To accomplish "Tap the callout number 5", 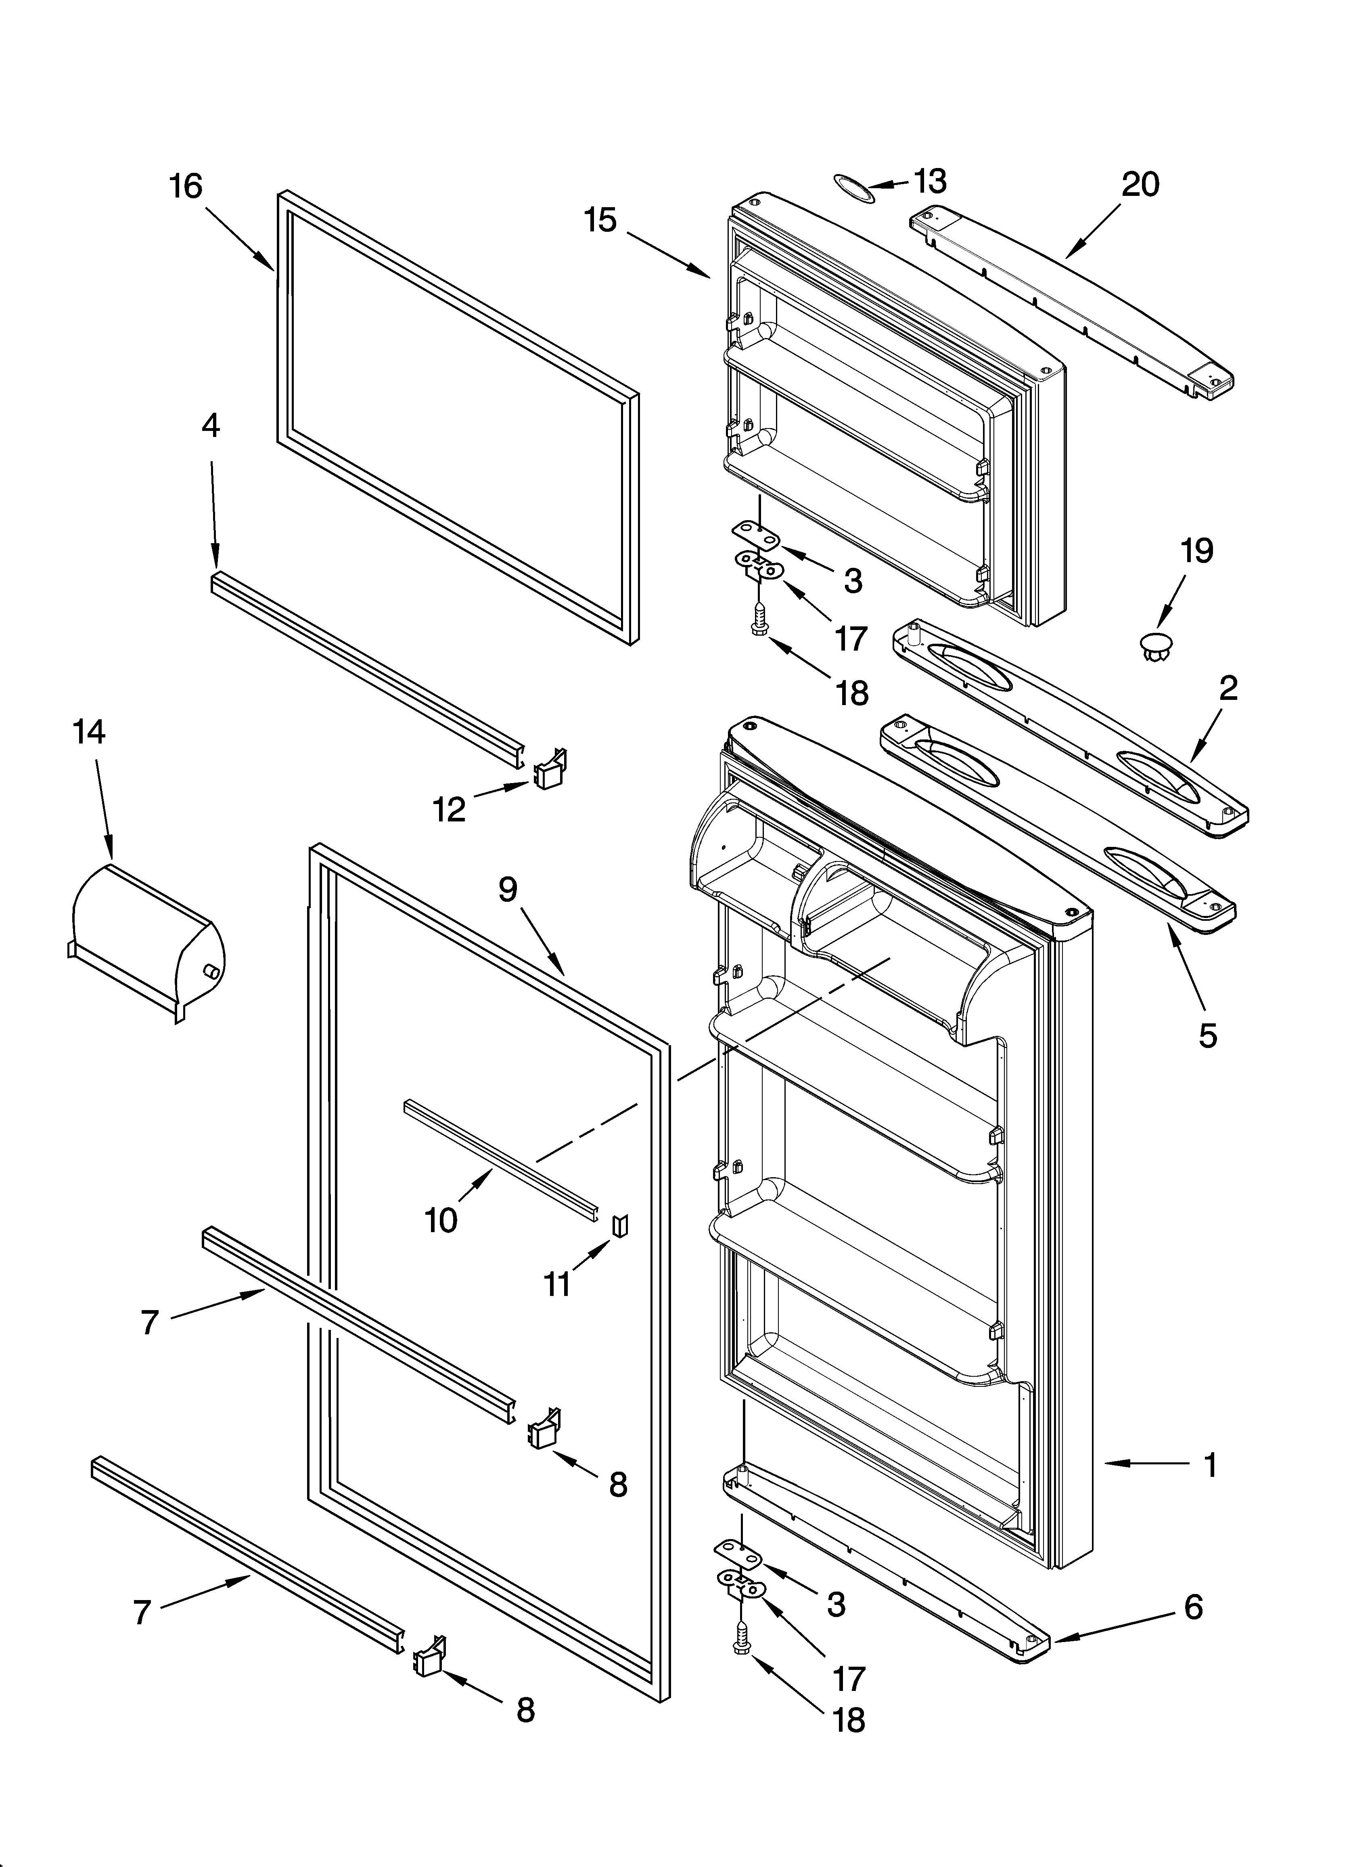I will (x=1207, y=1035).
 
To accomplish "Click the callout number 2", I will (x=1228, y=688).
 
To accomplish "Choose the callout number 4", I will (x=211, y=426).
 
